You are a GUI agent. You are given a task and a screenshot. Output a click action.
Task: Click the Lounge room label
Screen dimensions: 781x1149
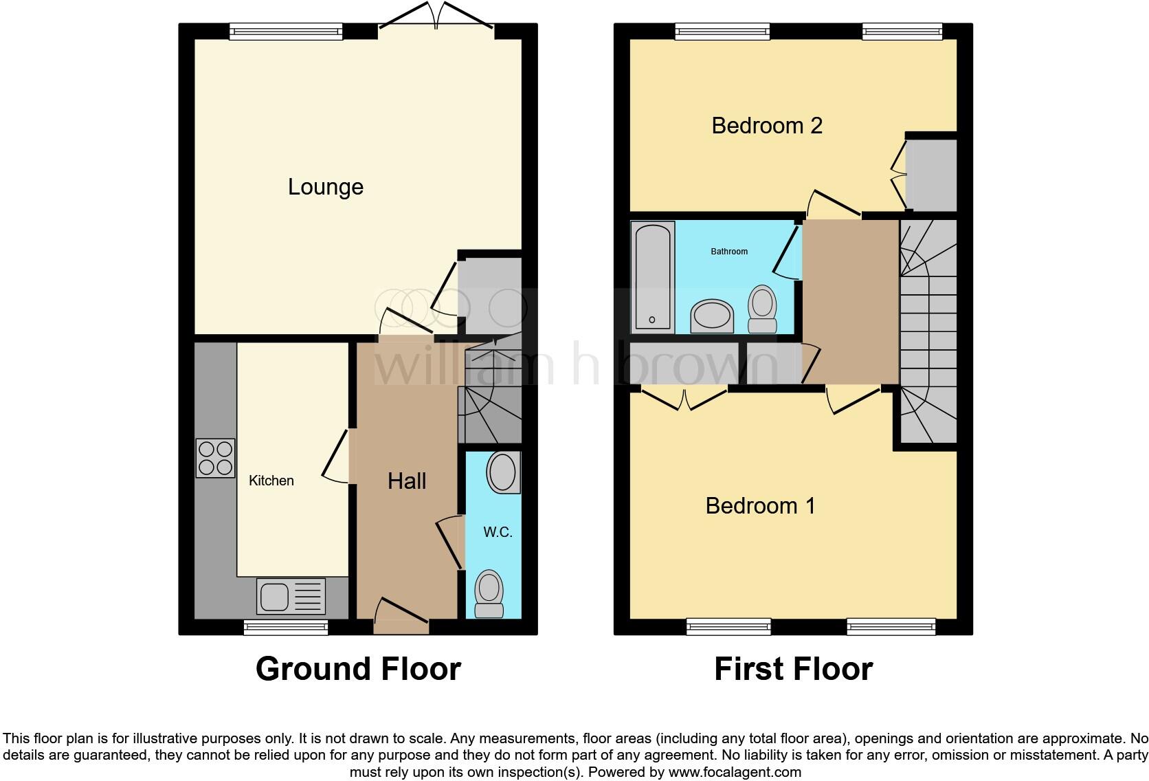tap(325, 187)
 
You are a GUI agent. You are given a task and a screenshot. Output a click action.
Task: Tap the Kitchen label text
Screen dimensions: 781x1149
tap(271, 481)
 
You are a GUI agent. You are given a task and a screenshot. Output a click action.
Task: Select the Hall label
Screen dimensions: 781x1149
tap(407, 481)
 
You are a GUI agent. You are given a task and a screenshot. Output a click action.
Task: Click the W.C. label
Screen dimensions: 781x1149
tap(498, 532)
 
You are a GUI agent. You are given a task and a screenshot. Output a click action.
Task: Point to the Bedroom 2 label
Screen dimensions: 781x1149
tap(766, 126)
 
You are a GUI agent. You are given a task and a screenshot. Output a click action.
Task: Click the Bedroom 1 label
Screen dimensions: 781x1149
tap(760, 506)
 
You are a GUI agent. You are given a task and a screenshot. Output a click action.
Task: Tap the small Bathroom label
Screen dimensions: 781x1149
tap(728, 252)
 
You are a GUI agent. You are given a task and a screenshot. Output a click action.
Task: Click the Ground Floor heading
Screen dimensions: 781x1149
tap(358, 668)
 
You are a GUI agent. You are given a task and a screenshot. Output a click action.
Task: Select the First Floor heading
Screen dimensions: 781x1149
tap(793, 668)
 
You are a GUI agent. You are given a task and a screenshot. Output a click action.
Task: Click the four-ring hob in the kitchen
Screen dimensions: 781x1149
tap(215, 459)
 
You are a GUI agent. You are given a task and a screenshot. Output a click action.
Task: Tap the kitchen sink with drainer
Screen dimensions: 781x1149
tap(291, 596)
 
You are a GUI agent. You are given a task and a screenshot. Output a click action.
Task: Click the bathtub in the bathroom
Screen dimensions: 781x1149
tap(653, 276)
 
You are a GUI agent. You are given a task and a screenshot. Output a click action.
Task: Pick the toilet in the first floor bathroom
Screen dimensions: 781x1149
tap(762, 310)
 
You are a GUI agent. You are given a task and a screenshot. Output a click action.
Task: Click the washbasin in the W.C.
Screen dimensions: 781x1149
tap(503, 473)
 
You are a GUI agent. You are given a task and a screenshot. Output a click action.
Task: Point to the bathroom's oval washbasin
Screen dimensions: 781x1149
tap(712, 316)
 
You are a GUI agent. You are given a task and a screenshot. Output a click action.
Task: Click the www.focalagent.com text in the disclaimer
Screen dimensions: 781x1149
tap(734, 772)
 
